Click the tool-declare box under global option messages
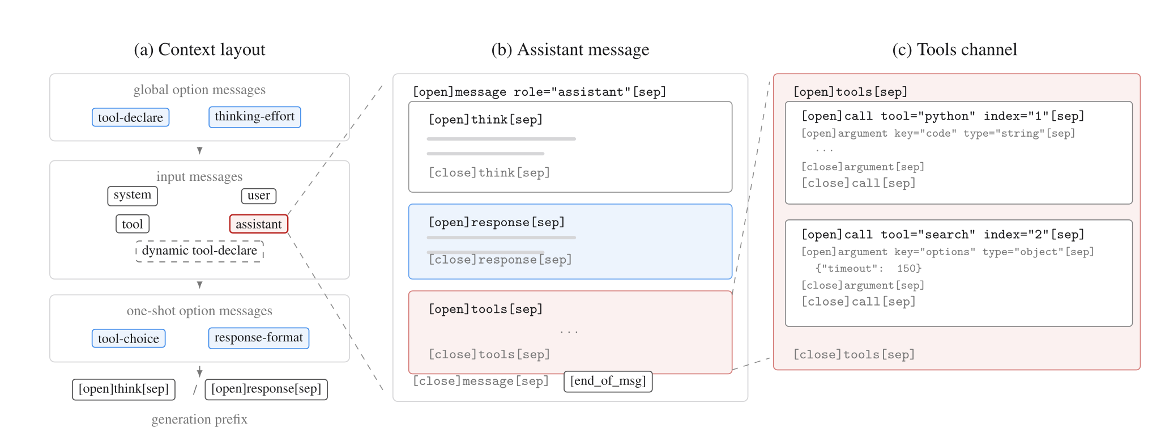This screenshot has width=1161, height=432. tap(130, 117)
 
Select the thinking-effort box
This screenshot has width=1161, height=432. tap(254, 117)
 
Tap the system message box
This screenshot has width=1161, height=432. tap(133, 196)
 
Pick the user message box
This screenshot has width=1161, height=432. tap(259, 196)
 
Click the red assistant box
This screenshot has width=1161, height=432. tap(259, 224)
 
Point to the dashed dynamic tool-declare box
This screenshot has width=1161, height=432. tap(199, 251)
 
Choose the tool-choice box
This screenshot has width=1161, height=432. tap(129, 338)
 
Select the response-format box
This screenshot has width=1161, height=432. tap(259, 338)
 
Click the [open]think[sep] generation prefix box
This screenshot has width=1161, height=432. tap(124, 389)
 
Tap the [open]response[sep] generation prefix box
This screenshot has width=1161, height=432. tap(266, 389)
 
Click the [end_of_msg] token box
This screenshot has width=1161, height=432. tap(608, 382)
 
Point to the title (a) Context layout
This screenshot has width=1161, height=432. tap(199, 50)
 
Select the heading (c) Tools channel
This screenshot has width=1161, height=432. tap(955, 50)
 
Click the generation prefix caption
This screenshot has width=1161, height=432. tap(199, 420)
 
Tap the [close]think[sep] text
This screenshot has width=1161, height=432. tap(489, 172)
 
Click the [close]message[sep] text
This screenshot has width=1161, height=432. tap(481, 381)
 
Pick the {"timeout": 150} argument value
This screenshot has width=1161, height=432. tap(869, 268)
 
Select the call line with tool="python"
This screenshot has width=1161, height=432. tap(943, 116)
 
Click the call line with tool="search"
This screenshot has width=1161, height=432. tap(943, 235)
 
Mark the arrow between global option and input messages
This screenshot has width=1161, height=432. tap(199, 150)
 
